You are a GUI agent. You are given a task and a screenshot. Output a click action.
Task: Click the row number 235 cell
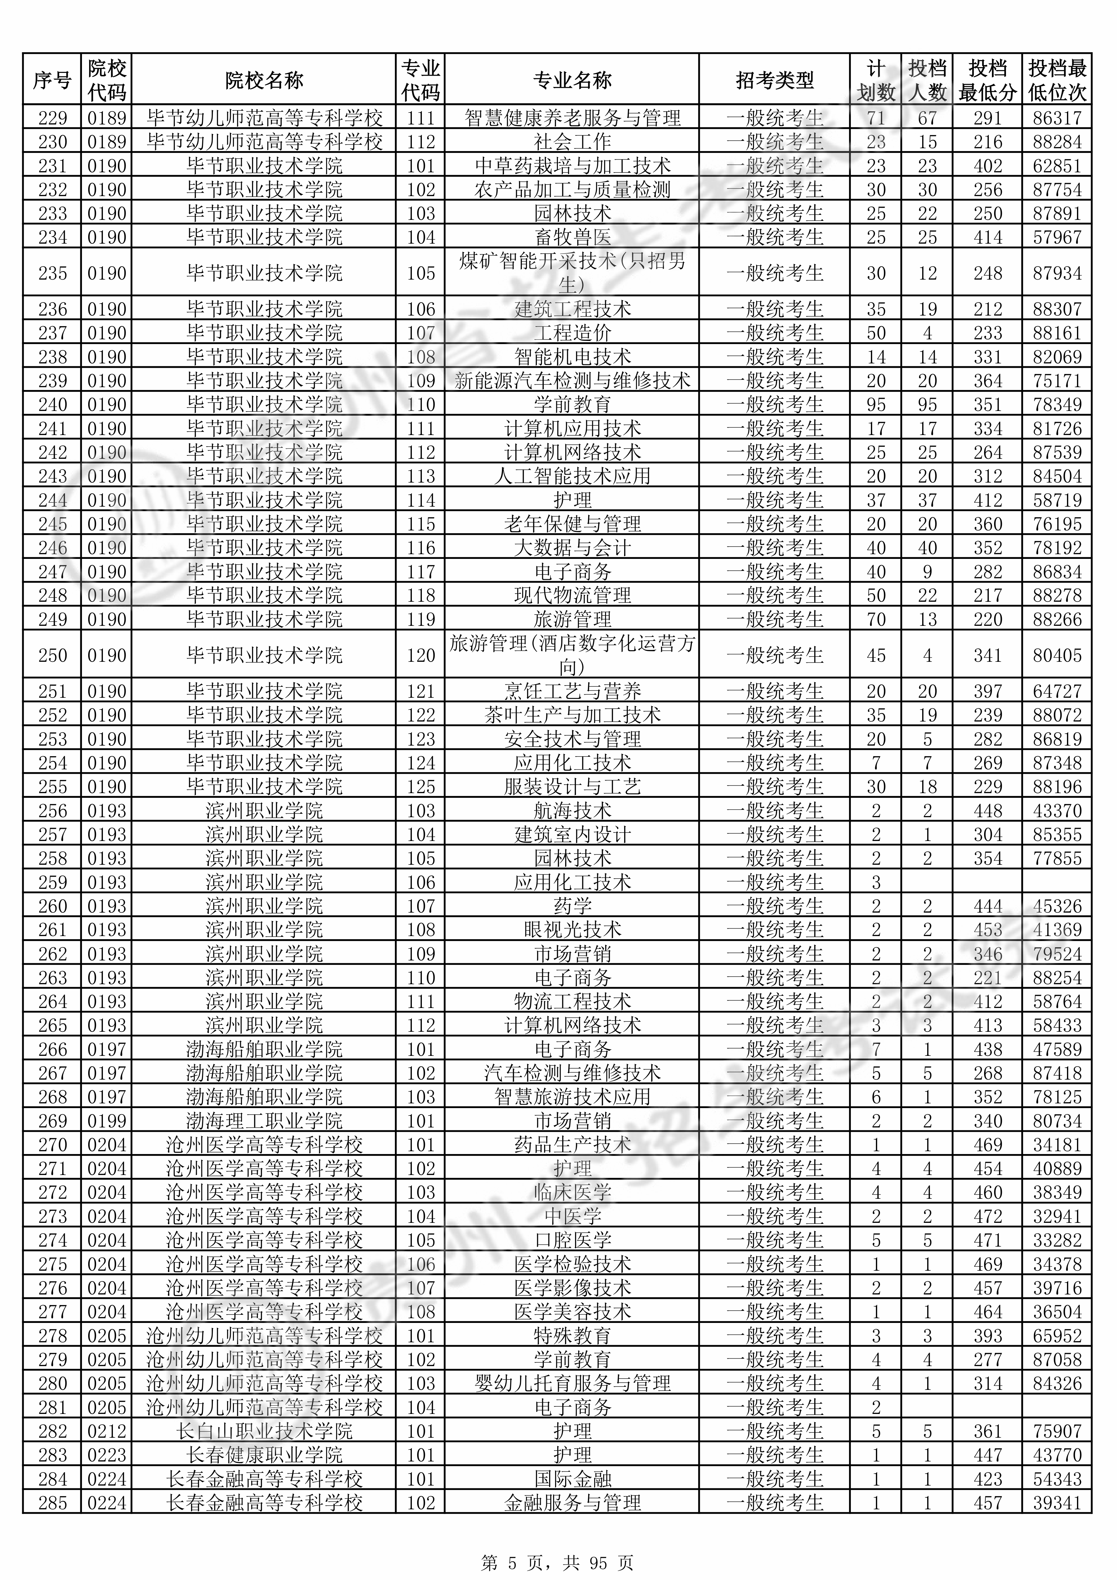click(52, 273)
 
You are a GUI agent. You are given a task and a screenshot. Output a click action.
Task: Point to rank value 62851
click(1057, 166)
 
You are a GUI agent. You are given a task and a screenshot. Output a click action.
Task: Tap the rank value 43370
click(1057, 811)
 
